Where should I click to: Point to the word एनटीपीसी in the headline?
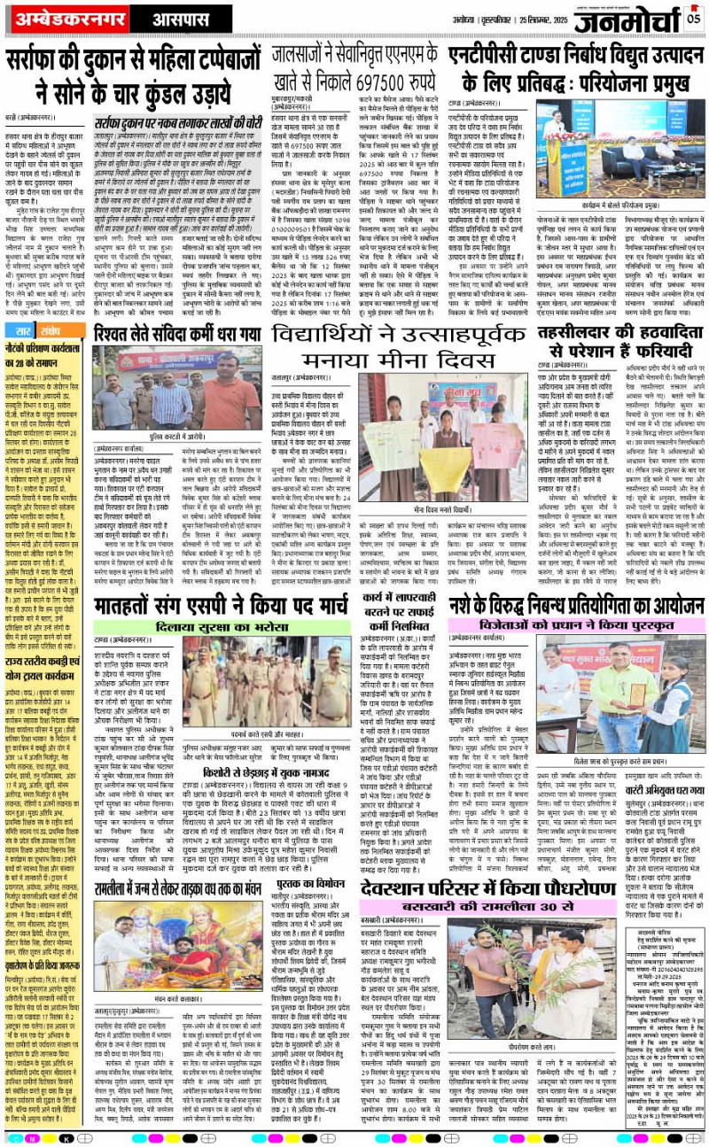pyautogui.click(x=483, y=55)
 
